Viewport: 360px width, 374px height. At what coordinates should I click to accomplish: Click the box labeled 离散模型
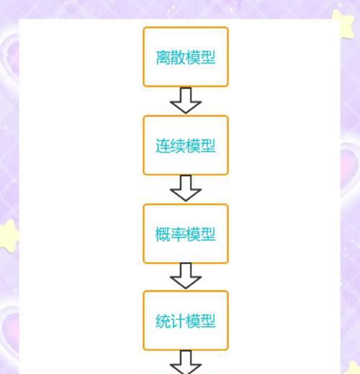point(186,57)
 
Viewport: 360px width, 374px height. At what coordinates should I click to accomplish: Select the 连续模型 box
point(186,145)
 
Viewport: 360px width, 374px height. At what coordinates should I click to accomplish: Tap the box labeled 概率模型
point(186,233)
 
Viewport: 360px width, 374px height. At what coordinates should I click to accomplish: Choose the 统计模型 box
point(186,321)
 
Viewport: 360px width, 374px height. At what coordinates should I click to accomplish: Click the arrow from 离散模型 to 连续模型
point(186,100)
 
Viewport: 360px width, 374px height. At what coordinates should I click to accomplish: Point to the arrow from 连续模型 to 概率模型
point(186,188)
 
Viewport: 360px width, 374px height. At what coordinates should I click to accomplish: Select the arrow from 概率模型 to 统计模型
point(186,276)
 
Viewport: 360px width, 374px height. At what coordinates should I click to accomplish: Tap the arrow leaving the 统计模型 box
point(186,362)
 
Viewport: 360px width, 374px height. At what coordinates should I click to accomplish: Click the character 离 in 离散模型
point(163,58)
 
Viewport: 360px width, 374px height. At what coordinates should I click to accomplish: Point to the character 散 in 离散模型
point(178,58)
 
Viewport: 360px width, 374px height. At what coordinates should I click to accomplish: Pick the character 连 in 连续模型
point(163,146)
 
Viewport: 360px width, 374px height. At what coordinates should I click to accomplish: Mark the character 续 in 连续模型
point(178,146)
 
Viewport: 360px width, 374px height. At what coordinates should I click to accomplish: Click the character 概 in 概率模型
point(163,234)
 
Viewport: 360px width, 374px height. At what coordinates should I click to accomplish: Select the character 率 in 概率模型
point(178,234)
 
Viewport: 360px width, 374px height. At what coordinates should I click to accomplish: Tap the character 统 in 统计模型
point(163,321)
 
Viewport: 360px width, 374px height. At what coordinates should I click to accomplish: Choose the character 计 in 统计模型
point(178,321)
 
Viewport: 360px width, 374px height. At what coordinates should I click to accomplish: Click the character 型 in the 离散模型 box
point(208,58)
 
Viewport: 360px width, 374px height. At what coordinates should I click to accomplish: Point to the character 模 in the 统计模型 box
point(193,321)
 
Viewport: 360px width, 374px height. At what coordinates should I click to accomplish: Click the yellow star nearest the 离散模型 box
point(343,23)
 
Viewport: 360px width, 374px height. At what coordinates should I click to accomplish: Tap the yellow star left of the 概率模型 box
point(9,236)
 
